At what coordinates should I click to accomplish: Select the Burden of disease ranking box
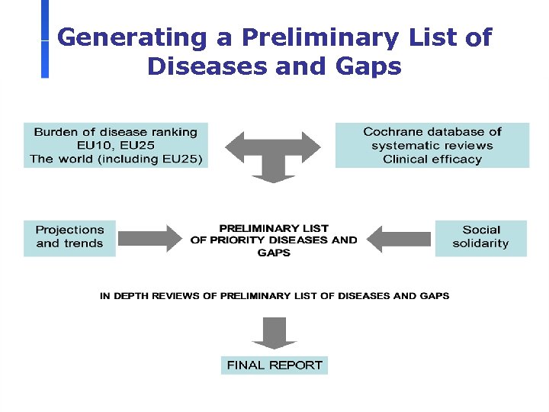coord(115,145)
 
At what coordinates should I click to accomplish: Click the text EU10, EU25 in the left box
coord(115,146)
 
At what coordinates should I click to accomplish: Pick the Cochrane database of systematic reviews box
coord(432,145)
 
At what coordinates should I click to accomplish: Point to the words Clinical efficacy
coord(432,159)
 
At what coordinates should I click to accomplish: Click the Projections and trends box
coord(69,237)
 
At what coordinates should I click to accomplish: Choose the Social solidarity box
coord(480,237)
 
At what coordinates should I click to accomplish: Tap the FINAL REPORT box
coord(274,365)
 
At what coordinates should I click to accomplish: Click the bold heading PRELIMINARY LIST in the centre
coord(274,228)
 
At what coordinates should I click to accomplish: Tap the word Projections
coord(69,230)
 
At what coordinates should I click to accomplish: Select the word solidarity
coord(480,243)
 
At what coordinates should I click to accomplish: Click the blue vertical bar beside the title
coord(45,38)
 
